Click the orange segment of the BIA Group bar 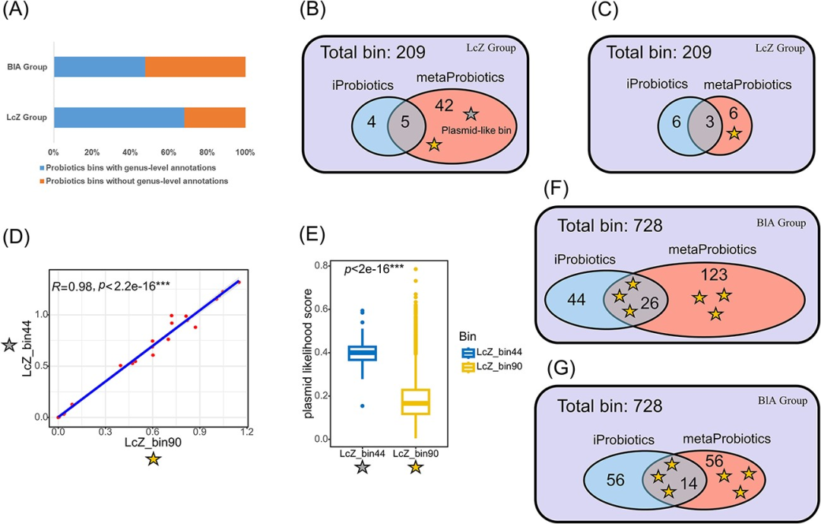pos(195,66)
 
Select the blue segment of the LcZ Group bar pos(119,117)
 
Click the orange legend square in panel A pos(40,181)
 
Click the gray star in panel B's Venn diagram pos(471,114)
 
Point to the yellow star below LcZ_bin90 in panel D pos(154,459)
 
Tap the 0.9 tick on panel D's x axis pos(199,431)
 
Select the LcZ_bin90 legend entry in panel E pos(492,367)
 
